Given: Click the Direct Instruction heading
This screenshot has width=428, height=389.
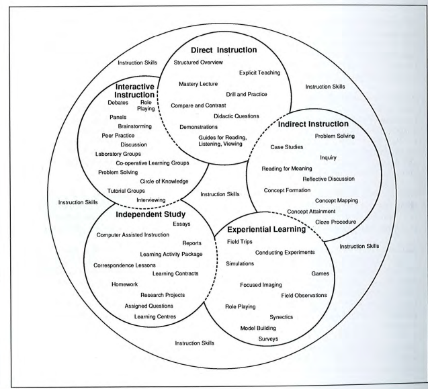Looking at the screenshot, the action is (224, 50).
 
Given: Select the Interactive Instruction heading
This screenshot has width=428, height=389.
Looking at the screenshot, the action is (135, 91).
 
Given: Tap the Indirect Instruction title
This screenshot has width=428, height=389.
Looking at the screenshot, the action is (313, 124).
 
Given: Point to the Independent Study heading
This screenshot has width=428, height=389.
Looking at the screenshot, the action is (151, 214).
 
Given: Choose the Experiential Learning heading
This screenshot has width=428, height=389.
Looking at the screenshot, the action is (266, 229).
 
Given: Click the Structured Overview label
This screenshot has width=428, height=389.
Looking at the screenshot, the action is (198, 62).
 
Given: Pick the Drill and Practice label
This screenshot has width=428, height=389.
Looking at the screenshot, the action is (247, 94).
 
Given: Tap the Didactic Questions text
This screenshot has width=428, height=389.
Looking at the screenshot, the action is (237, 116).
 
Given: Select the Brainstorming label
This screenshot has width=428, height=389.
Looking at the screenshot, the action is (134, 126).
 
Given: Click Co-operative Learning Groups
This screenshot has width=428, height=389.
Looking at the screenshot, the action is (153, 163).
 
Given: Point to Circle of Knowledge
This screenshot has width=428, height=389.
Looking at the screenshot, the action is (164, 181).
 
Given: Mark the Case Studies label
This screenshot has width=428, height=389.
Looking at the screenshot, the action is (287, 147).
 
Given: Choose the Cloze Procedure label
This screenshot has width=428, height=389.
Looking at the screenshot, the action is (336, 222).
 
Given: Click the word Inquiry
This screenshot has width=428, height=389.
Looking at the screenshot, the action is (328, 158).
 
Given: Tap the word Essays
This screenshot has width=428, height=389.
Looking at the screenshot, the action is (181, 224).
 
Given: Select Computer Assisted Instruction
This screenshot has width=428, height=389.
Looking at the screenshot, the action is (132, 234).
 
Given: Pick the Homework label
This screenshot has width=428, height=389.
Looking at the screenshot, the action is (124, 284).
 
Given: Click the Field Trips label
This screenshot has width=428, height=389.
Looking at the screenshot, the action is (240, 242).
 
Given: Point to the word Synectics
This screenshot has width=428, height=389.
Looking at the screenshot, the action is (281, 317).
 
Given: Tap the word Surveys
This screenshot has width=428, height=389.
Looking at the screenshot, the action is (268, 339).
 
